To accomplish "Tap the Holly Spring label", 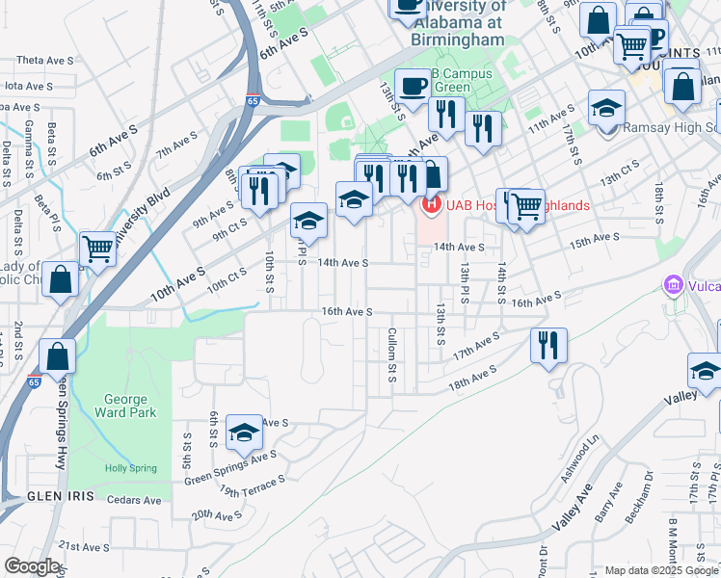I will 130,468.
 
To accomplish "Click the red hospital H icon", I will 432,204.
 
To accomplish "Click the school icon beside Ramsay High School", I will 606,110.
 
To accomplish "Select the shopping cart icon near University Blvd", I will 98,249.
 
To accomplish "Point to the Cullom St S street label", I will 392,354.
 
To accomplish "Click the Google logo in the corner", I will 32,566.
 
